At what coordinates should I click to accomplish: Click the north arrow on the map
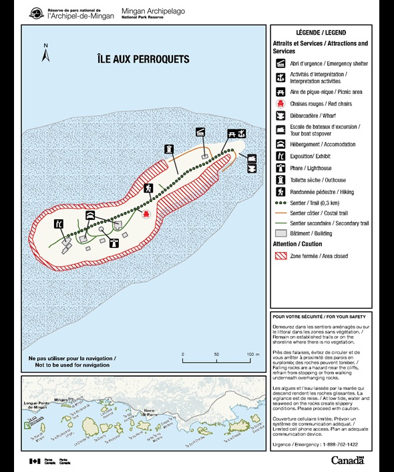pyautogui.click(x=46, y=53)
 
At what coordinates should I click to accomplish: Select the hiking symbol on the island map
pyautogui.click(x=149, y=188)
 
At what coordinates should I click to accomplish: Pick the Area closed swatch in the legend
pyautogui.click(x=280, y=255)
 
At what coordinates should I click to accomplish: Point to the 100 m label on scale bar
pyautogui.click(x=252, y=354)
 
